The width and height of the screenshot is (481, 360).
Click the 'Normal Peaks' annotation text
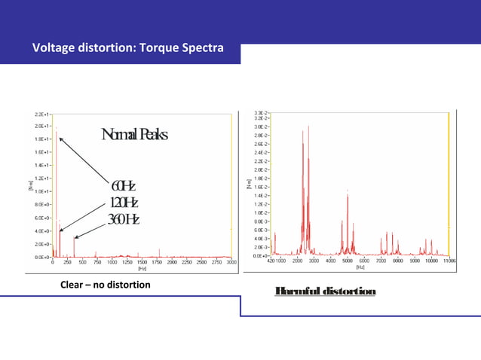[134, 136]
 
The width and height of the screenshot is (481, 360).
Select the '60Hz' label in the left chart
[123, 187]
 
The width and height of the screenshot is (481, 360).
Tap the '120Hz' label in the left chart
[124, 203]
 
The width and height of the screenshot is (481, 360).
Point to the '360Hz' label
[123, 219]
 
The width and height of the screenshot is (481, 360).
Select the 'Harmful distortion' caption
[325, 291]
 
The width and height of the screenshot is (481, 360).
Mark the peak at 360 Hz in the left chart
[74, 237]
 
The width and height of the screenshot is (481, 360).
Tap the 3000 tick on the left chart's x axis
[231, 262]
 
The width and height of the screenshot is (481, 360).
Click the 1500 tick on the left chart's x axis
[142, 262]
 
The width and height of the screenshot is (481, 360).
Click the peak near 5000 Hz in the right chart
[348, 194]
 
